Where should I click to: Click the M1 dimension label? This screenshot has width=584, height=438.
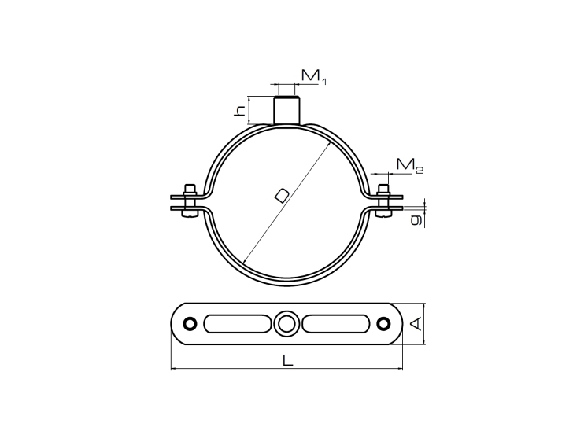tap(313, 76)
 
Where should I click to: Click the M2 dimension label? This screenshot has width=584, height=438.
tap(410, 165)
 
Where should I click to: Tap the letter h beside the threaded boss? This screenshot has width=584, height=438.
tap(240, 110)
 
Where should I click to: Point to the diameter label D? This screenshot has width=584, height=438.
tap(282, 196)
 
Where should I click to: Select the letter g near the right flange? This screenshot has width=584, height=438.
tap(416, 220)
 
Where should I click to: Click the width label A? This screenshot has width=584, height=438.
tap(416, 323)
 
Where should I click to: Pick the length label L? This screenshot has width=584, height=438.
tap(287, 360)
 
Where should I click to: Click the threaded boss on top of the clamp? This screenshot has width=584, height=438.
tap(286, 110)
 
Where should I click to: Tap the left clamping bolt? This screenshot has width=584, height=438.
tap(190, 201)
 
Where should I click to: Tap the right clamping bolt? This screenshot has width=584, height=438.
tap(384, 201)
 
